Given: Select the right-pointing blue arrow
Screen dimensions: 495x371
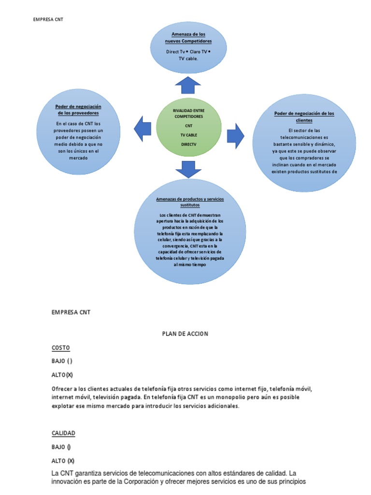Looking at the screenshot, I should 235,135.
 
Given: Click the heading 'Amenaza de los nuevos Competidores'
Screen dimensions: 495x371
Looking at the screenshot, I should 188,38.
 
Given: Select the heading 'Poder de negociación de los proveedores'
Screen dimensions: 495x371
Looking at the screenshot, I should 79,109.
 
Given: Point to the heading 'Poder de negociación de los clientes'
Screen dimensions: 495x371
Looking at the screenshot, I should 304,116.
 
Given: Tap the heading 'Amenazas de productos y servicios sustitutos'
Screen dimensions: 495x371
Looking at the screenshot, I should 190,202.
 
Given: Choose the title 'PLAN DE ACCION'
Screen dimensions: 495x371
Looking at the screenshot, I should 185,334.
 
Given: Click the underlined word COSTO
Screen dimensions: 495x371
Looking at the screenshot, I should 61,348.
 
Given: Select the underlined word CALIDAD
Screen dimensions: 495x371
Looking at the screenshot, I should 63,433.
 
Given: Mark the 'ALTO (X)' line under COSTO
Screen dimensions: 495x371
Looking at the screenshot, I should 62,375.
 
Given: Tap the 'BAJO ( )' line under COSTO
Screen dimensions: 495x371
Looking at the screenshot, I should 62,361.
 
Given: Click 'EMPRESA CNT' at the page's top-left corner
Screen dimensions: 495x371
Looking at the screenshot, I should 48,20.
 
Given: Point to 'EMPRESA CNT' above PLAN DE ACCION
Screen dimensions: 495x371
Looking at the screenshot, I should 71,312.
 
